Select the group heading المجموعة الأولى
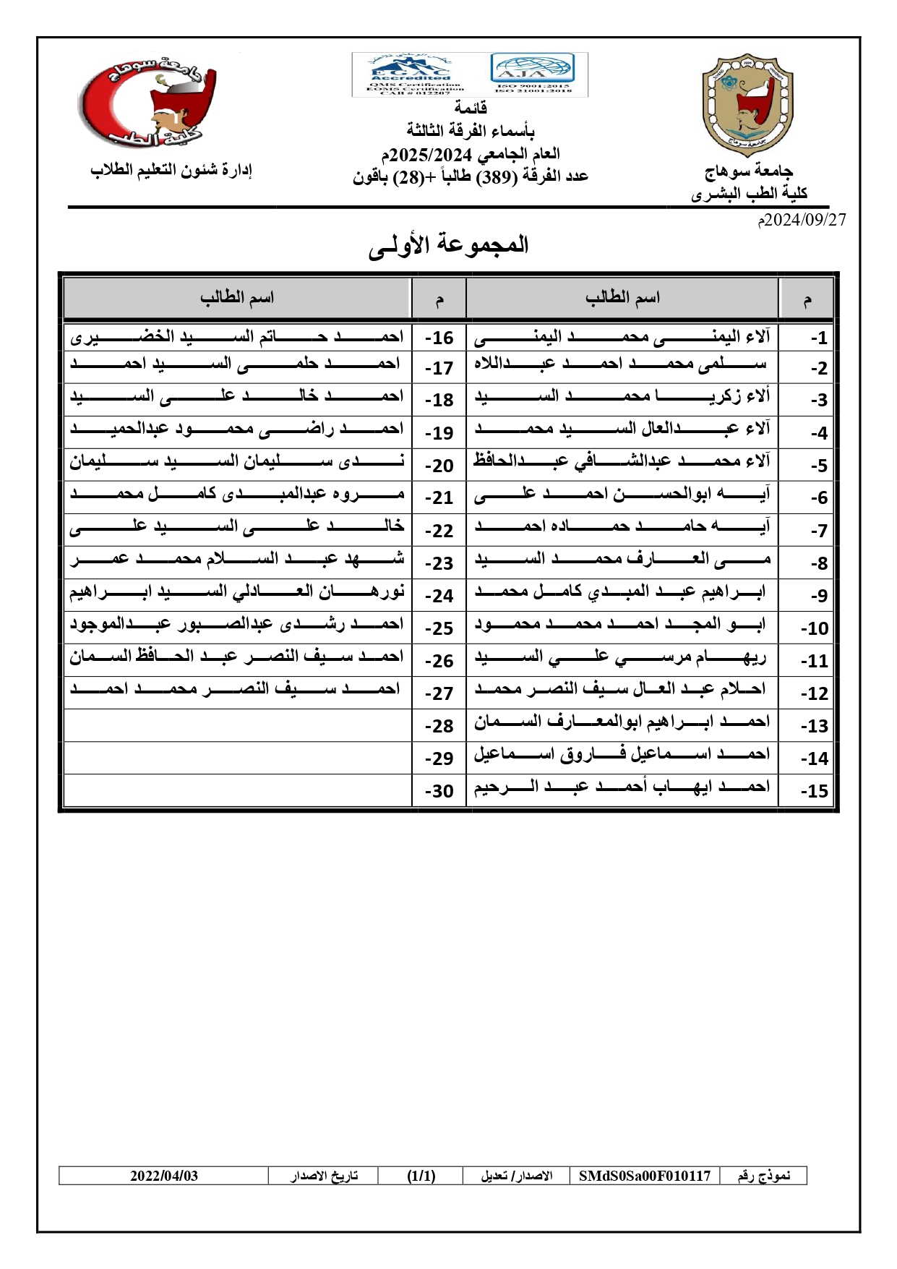coord(448,245)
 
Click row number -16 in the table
coord(439,338)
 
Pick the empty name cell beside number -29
coord(237,758)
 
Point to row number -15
coord(814,791)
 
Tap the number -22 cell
coord(439,531)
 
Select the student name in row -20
coord(237,461)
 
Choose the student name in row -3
coord(622,396)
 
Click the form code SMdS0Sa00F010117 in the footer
coord(645,1176)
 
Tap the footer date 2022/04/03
coord(164,1176)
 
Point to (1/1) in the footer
coord(421,1176)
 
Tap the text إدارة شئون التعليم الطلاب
coord(171,170)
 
